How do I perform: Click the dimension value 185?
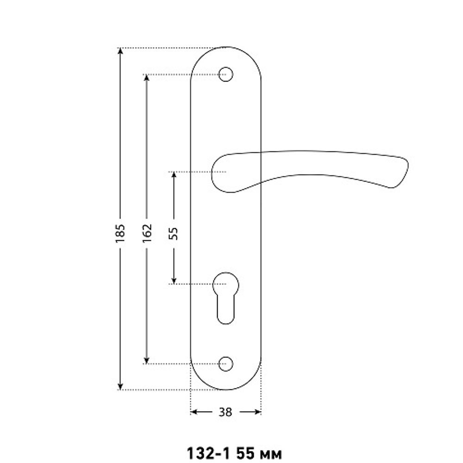point(120,233)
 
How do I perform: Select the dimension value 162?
point(147,233)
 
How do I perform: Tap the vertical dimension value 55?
point(174,233)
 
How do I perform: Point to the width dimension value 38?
point(225,412)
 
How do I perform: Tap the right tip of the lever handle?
point(408,163)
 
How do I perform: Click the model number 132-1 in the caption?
point(208,453)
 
